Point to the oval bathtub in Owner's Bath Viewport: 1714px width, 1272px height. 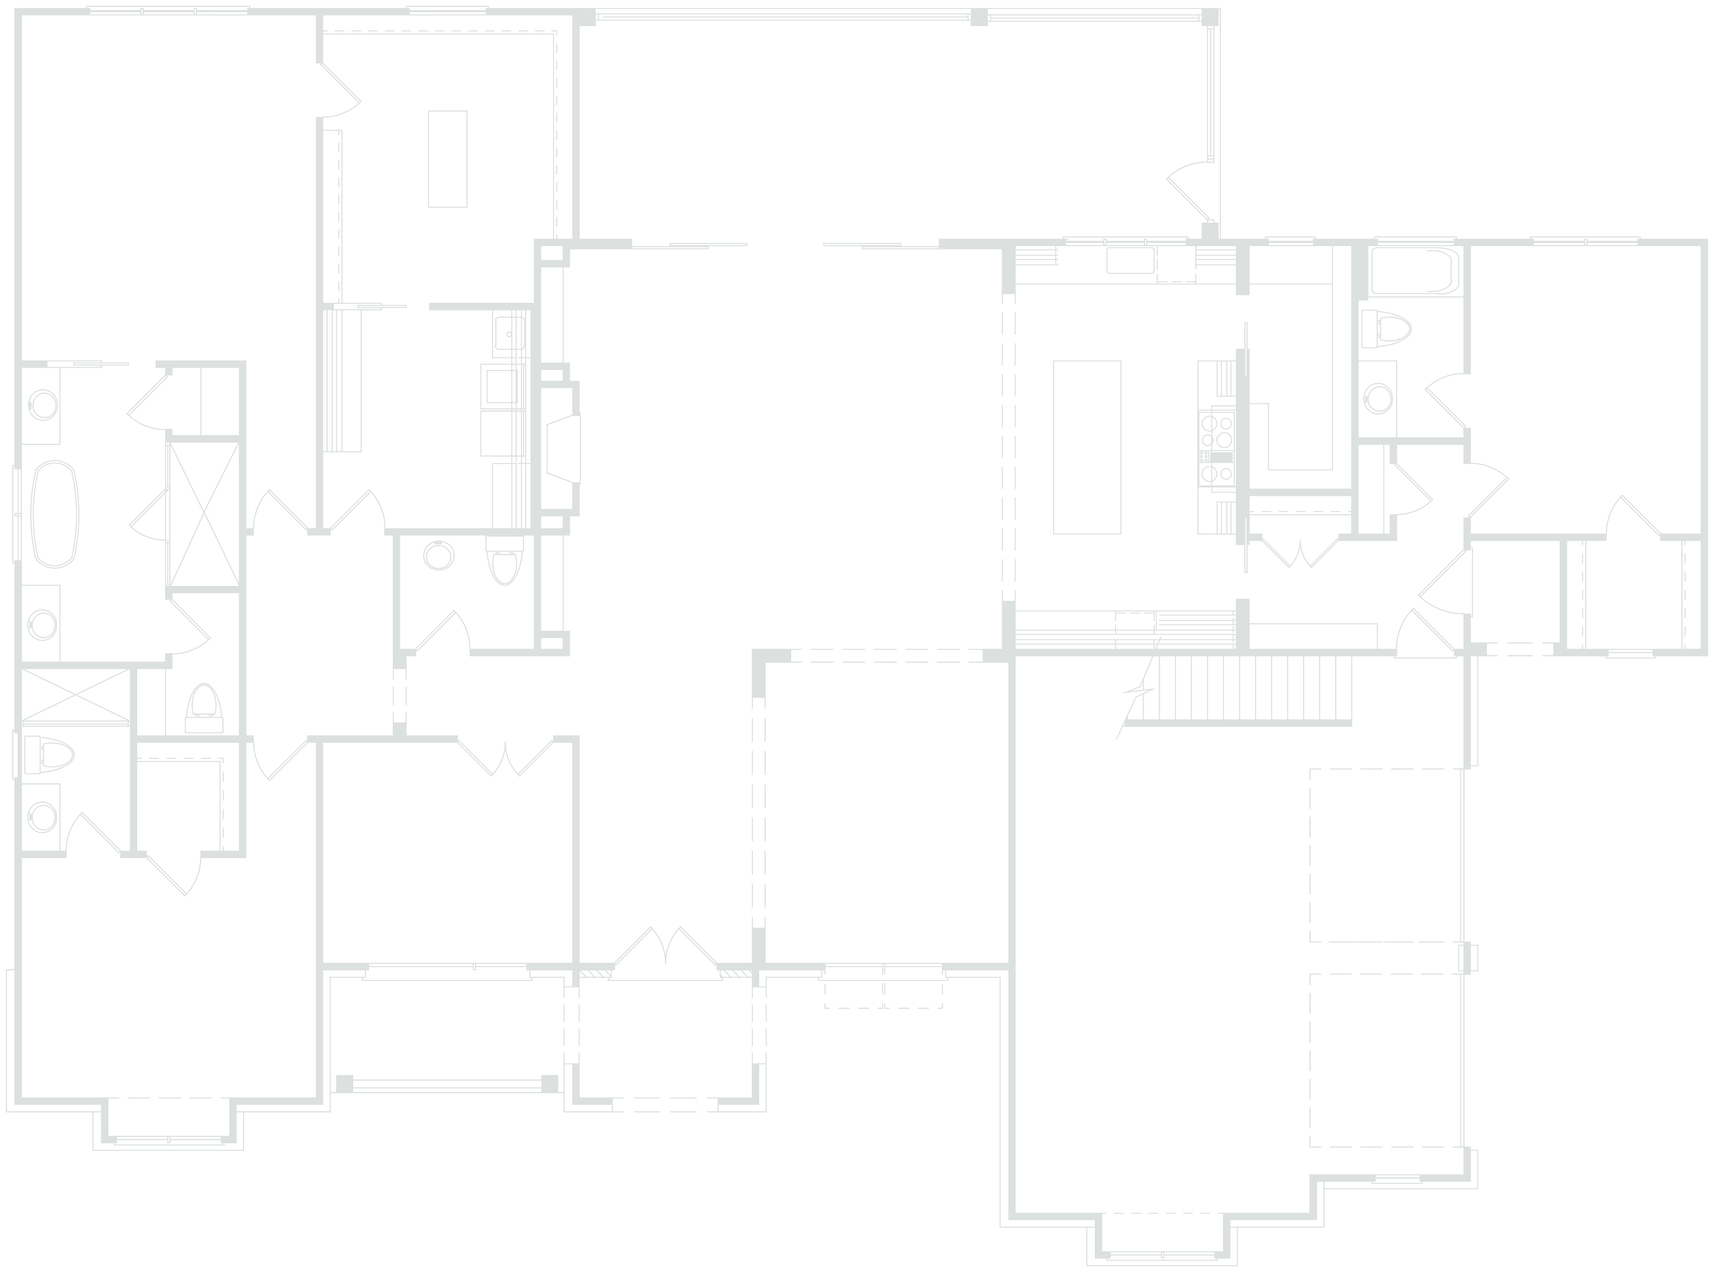56,515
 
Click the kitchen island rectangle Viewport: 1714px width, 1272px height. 1086,448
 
